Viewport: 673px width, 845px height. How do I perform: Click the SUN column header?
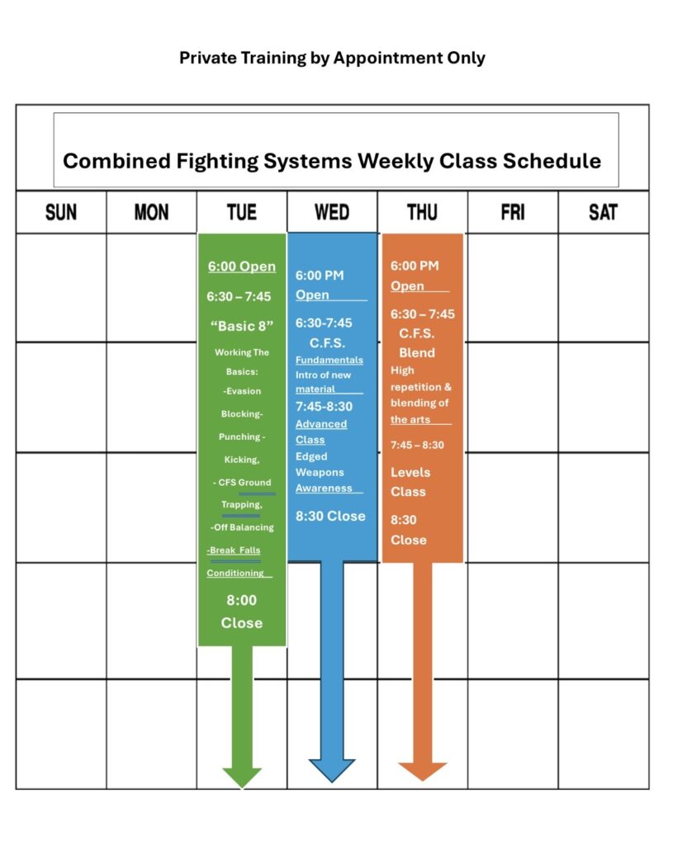click(61, 212)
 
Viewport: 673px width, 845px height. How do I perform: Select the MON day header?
click(152, 212)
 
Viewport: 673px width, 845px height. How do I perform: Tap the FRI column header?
click(513, 212)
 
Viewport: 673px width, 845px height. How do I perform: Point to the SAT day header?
click(603, 212)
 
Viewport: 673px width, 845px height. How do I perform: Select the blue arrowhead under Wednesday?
click(332, 770)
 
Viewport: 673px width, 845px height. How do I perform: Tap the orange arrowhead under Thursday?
click(422, 772)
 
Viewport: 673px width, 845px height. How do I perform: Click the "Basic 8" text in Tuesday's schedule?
click(242, 326)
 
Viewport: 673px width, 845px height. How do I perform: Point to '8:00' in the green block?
click(242, 600)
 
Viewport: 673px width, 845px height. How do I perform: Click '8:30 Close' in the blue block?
click(330, 516)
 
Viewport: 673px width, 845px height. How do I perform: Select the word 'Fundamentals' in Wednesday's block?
click(329, 360)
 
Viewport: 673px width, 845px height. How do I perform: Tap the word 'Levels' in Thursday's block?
click(410, 472)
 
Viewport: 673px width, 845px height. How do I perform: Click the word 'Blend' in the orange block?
click(417, 352)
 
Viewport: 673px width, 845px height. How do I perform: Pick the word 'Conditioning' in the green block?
click(235, 573)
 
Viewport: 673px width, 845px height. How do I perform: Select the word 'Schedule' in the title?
click(552, 161)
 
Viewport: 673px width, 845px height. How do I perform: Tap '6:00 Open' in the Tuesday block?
click(242, 267)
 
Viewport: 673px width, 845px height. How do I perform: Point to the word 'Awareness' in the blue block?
click(324, 488)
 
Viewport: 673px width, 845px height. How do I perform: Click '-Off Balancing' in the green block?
click(242, 527)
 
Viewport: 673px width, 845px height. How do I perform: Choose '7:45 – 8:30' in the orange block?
click(417, 445)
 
